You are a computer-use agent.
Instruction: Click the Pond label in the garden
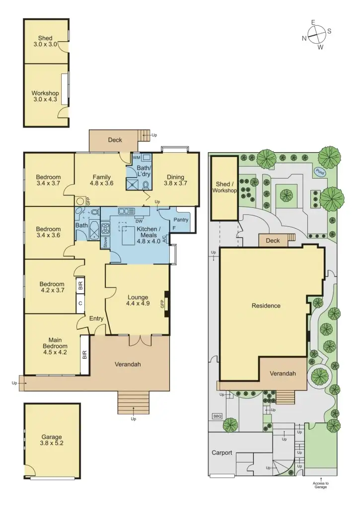click(x=318, y=172)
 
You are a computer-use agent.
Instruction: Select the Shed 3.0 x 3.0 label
click(x=45, y=41)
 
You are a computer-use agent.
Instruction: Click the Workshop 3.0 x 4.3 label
click(x=45, y=96)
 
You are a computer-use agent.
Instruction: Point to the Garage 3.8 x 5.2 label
click(x=52, y=440)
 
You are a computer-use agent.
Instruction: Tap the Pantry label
click(x=181, y=219)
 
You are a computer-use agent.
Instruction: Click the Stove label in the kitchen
click(x=105, y=242)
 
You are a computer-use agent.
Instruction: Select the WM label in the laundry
click(x=137, y=157)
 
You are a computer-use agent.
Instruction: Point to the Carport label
click(x=222, y=452)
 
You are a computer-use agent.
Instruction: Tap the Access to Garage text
click(x=320, y=485)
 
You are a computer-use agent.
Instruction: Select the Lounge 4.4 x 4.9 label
click(x=138, y=300)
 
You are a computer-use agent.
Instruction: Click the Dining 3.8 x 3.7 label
click(x=175, y=180)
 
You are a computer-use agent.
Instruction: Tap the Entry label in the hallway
click(x=96, y=318)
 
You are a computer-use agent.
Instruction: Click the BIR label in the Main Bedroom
click(x=84, y=355)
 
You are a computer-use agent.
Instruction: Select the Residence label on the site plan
click(x=266, y=306)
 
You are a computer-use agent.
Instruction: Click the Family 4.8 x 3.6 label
click(x=101, y=180)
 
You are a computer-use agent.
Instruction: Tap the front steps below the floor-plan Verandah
click(x=133, y=402)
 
